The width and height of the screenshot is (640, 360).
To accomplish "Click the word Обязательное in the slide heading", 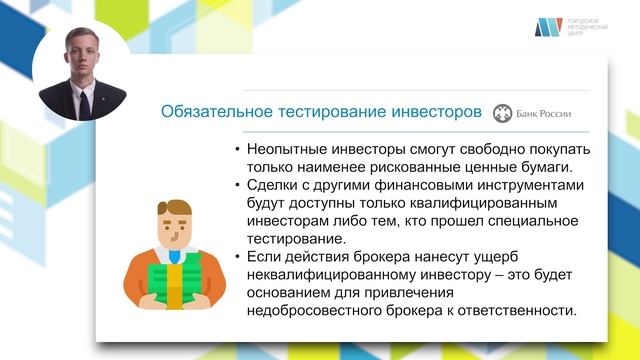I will coord(208,112).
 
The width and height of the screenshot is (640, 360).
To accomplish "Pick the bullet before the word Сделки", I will coord(237,186).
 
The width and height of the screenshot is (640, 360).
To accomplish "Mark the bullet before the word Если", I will coord(237,258).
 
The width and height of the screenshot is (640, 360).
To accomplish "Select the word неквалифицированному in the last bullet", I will coord(332,275).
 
